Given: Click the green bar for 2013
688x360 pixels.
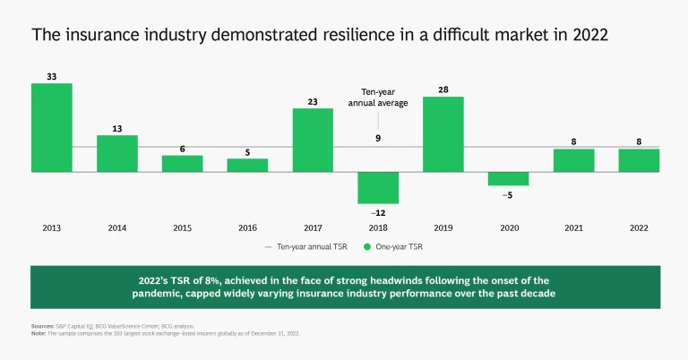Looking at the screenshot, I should pos(52,126).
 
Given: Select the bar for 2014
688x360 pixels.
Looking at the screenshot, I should pos(117,153).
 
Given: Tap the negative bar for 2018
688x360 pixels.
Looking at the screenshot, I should pos(378,187).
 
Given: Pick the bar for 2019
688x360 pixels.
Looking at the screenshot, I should pos(443,133).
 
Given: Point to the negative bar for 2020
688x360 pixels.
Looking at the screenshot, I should pos(508,178).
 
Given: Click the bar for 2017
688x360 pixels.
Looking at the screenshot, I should pos(313,140).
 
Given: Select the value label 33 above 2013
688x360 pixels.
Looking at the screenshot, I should pos(52,77).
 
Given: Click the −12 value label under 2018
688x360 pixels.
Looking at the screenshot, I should pos(377,211).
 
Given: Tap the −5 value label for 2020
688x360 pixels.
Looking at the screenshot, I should pos(508,193).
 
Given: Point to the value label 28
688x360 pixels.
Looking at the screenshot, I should pos(443,90).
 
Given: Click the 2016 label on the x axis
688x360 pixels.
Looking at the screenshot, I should pos(247,227).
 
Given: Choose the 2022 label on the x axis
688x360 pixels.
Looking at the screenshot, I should pos(639,227).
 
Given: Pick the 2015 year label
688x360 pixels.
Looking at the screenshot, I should pos(182,227).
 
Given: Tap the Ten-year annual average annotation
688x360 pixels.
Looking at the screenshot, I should pos(384,98).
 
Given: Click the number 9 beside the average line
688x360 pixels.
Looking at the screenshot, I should pos(379,138).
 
